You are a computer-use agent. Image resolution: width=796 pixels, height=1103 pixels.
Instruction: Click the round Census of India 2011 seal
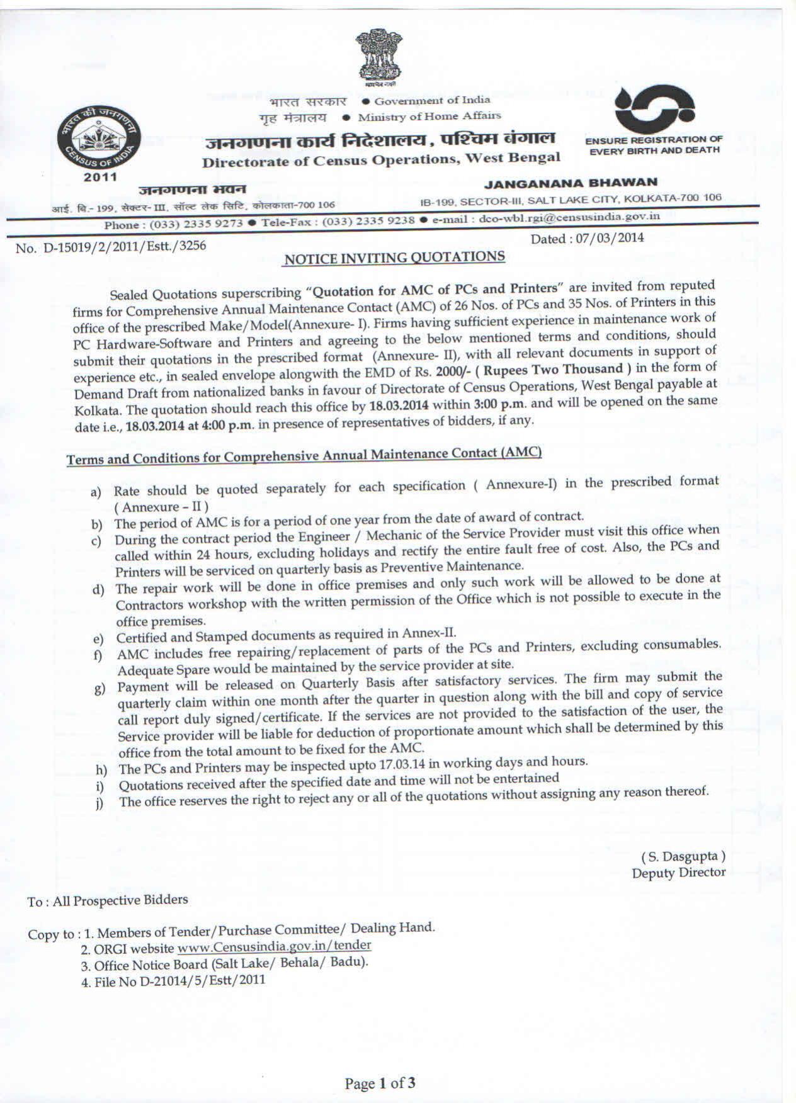coord(101,137)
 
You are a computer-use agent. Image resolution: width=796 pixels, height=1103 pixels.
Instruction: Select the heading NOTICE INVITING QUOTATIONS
coord(395,258)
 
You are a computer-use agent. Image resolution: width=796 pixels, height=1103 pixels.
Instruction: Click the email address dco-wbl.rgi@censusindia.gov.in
coord(569,217)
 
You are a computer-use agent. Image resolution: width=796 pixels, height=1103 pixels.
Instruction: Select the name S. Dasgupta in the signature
coord(683,856)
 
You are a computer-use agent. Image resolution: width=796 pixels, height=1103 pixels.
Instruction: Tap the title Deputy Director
coord(679,873)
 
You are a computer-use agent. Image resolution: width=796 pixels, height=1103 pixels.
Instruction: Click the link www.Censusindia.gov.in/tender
coord(275,946)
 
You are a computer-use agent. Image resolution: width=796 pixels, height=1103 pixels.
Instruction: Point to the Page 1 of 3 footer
coord(380,1083)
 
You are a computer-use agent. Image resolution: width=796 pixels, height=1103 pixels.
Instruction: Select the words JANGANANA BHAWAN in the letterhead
coord(571,183)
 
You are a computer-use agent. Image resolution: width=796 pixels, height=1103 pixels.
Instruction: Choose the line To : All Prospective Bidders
coord(108,901)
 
